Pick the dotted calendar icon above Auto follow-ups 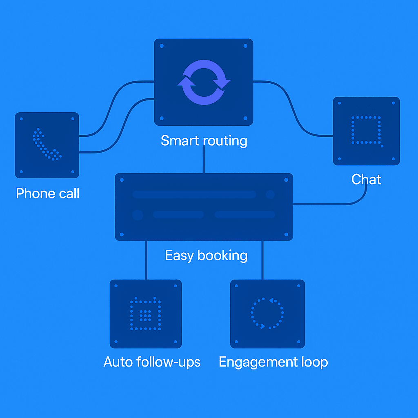click(145, 314)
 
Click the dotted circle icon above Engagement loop click(267, 313)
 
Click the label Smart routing click(204, 140)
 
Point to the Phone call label click(47, 193)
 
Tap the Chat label click(366, 179)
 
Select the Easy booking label click(206, 256)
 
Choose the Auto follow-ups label click(152, 362)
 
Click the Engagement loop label click(273, 362)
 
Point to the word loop click(314, 362)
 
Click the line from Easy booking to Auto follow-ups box click(146, 260)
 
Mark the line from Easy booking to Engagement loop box click(262, 260)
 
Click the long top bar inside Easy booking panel click(194, 194)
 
